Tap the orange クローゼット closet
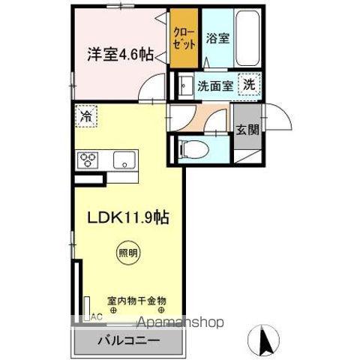point(184,39)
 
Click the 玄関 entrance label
point(247,130)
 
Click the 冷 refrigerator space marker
point(86,118)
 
